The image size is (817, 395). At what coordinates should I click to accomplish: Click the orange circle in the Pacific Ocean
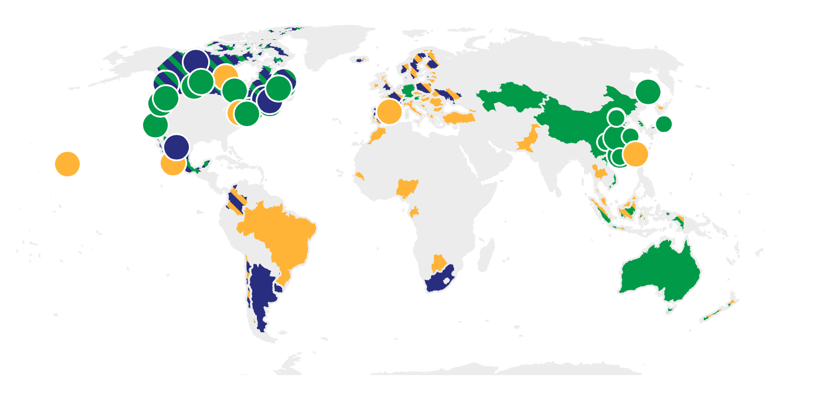67,164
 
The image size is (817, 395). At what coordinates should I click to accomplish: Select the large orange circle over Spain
389,111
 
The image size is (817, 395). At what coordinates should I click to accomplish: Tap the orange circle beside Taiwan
635,154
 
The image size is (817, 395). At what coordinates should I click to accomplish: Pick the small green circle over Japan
663,124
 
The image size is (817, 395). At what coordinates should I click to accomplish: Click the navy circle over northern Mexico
176,147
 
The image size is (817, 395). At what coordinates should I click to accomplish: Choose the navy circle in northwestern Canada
196,62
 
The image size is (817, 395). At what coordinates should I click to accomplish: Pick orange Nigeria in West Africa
406,188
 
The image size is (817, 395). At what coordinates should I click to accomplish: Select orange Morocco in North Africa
375,136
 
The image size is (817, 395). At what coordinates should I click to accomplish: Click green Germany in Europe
408,91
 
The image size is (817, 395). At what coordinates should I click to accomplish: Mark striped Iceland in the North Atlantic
360,59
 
